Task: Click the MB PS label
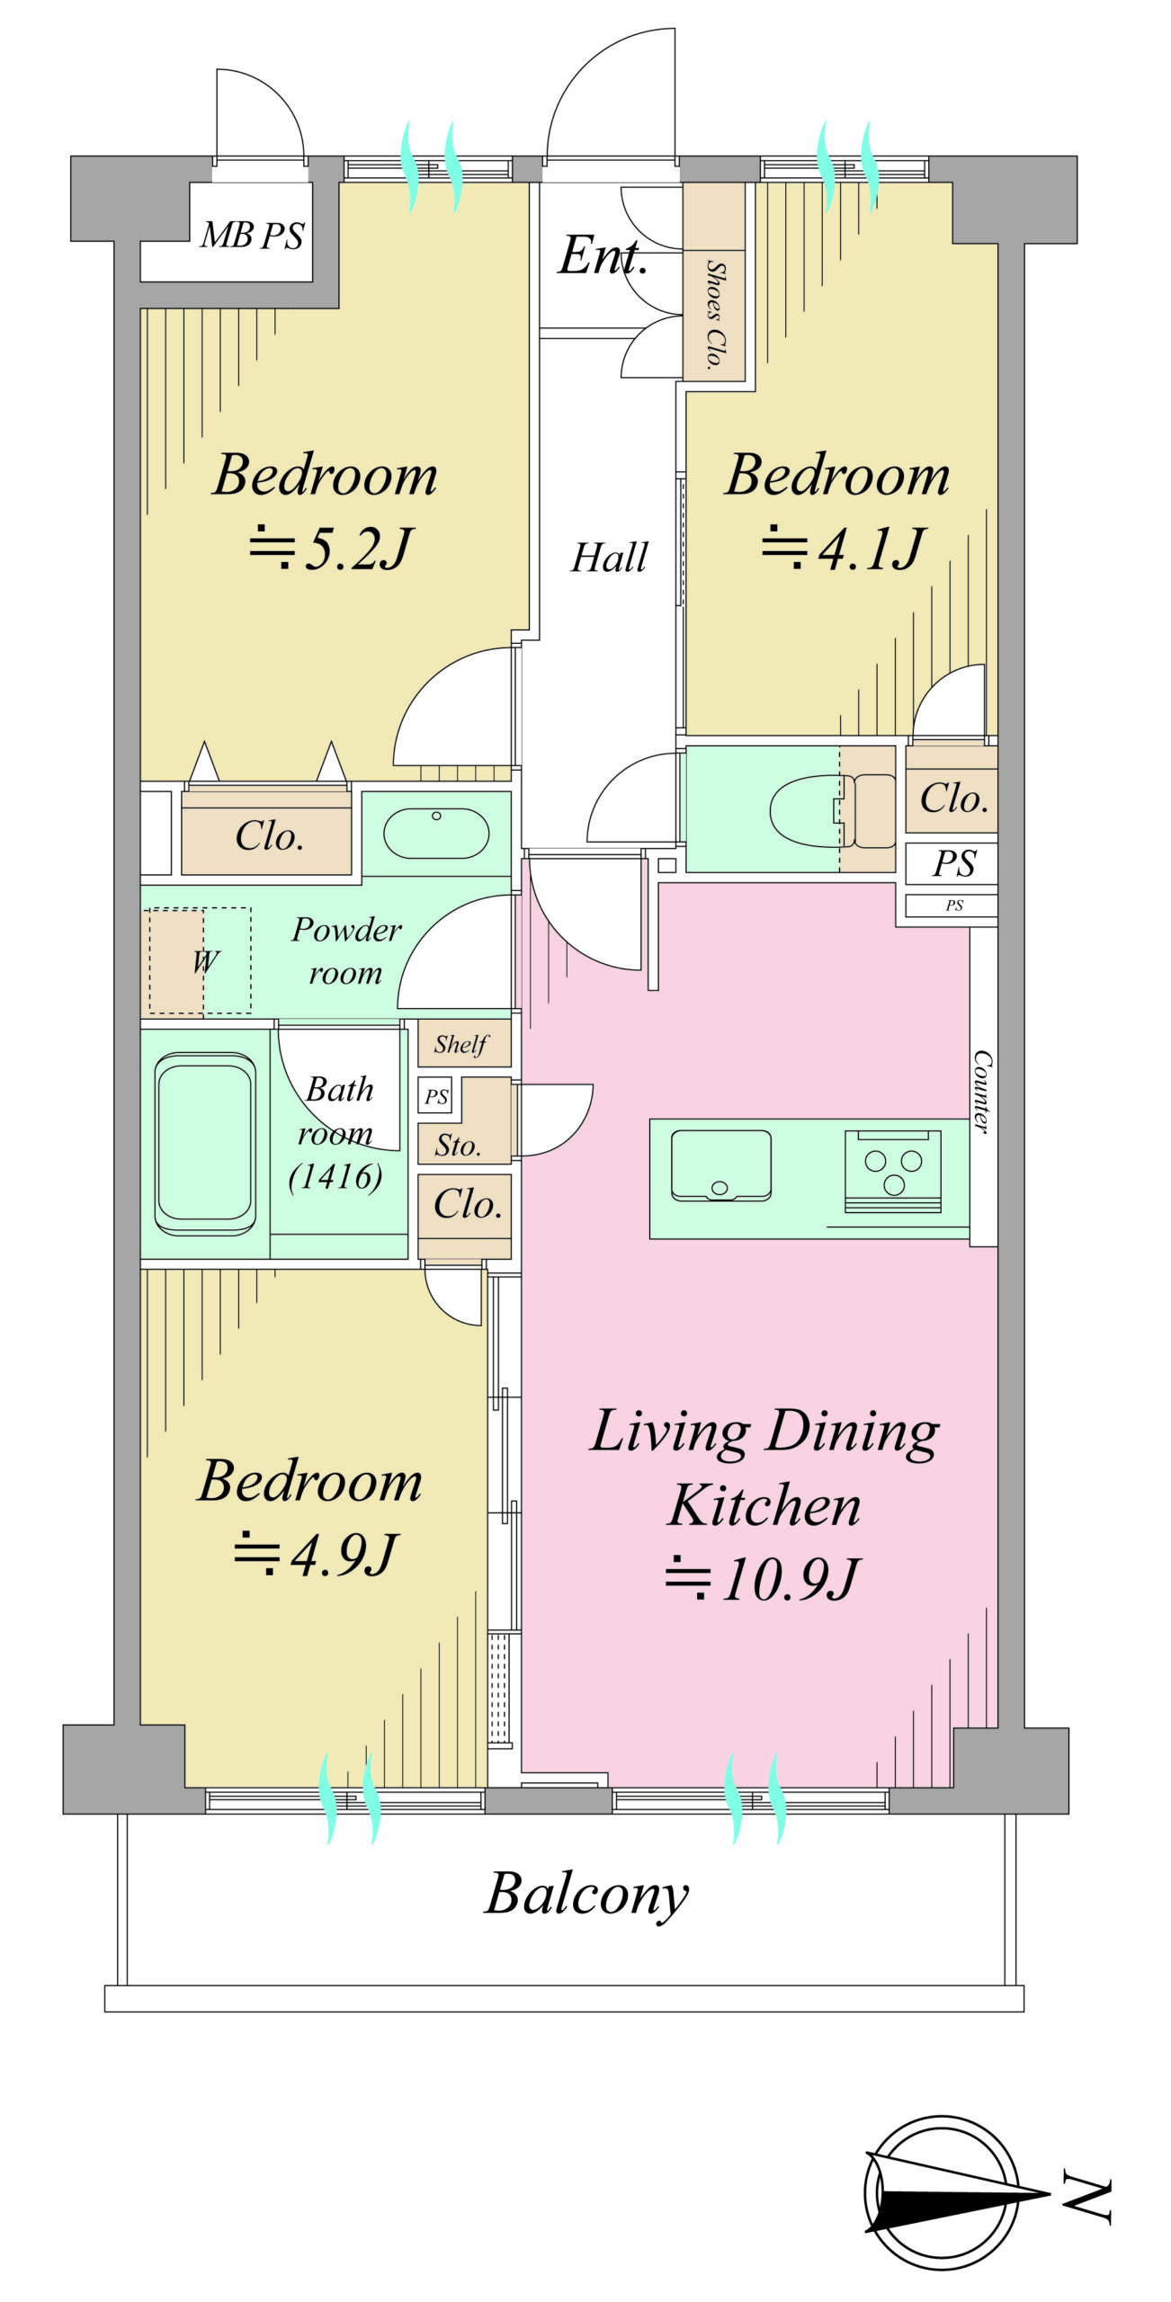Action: tap(253, 235)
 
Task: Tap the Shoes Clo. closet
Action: tap(714, 281)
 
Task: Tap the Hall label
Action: tap(609, 558)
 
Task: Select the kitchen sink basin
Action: tap(720, 1165)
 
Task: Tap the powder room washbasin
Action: tap(436, 833)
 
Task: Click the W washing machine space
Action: tap(200, 961)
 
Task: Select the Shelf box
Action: tap(464, 1043)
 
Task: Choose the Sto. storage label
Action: tap(458, 1146)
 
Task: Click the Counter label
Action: tap(983, 1091)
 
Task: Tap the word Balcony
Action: tap(586, 1895)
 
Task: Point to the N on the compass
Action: tap(1087, 2199)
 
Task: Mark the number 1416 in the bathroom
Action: tap(335, 1176)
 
